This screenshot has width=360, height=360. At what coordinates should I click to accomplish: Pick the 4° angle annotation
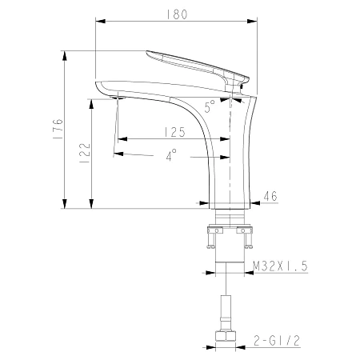pos(171,156)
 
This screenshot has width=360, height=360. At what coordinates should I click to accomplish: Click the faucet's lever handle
pos(196,64)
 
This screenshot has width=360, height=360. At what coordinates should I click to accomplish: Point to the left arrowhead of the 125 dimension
pos(120,138)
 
